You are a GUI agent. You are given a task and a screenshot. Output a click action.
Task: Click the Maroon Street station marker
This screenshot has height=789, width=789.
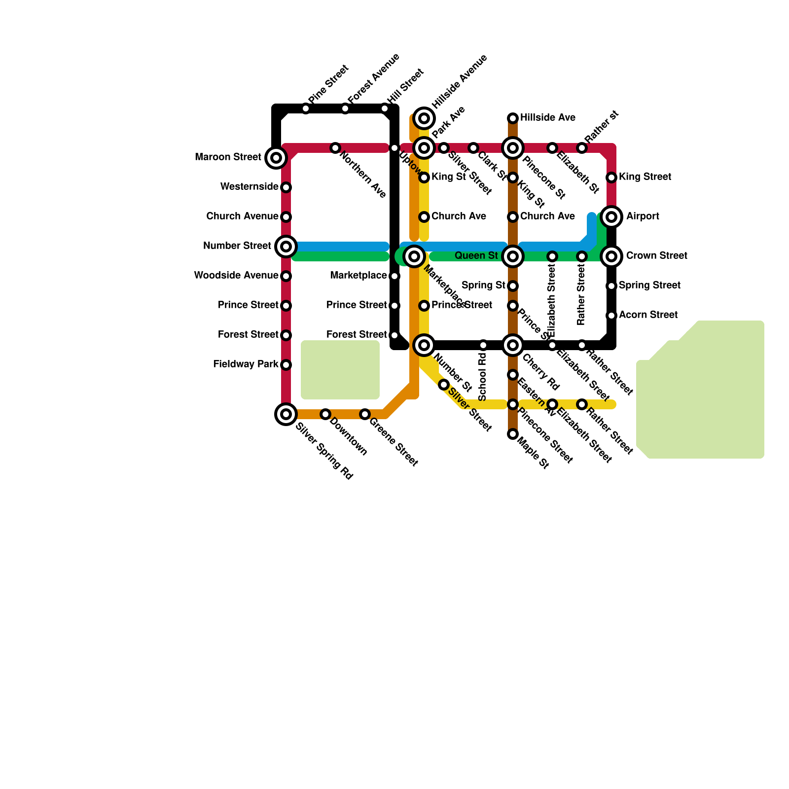point(276,158)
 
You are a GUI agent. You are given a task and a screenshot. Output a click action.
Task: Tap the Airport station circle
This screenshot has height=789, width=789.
point(611,216)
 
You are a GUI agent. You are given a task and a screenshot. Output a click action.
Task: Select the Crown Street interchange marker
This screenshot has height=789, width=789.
point(611,256)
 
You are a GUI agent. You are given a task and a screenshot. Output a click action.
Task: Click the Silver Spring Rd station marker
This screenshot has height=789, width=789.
point(286,414)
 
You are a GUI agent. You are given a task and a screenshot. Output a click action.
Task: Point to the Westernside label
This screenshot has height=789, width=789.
point(249,187)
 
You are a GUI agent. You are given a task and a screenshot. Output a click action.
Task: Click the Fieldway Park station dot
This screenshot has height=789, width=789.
point(286,365)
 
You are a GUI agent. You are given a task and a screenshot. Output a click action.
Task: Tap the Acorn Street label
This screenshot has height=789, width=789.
point(648,315)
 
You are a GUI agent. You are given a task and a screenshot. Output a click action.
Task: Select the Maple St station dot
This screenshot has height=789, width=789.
point(513,434)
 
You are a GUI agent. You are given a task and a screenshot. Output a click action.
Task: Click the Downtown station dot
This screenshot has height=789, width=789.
point(325,414)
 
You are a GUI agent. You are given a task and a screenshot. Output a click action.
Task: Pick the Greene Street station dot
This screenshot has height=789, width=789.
point(365,414)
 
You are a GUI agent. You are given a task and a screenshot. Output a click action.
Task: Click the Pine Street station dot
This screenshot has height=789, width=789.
point(306,108)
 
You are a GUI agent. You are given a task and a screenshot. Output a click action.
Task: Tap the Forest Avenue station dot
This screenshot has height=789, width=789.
point(345,108)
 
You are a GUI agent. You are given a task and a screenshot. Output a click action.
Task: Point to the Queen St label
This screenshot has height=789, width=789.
point(476,256)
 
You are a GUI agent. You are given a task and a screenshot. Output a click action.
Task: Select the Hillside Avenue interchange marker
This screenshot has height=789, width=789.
point(424,118)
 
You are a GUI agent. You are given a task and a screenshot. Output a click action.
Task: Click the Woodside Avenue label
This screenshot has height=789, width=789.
point(236,276)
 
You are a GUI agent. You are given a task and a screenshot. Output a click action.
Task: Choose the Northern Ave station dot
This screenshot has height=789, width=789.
point(335,148)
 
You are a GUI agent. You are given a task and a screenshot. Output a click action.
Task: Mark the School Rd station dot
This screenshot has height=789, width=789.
point(483,345)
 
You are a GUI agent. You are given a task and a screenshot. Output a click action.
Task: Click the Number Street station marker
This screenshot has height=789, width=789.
point(286,246)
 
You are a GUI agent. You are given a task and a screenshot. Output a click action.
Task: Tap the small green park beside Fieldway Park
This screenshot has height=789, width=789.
point(340,370)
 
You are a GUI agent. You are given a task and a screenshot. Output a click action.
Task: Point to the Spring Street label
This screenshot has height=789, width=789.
point(649,286)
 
